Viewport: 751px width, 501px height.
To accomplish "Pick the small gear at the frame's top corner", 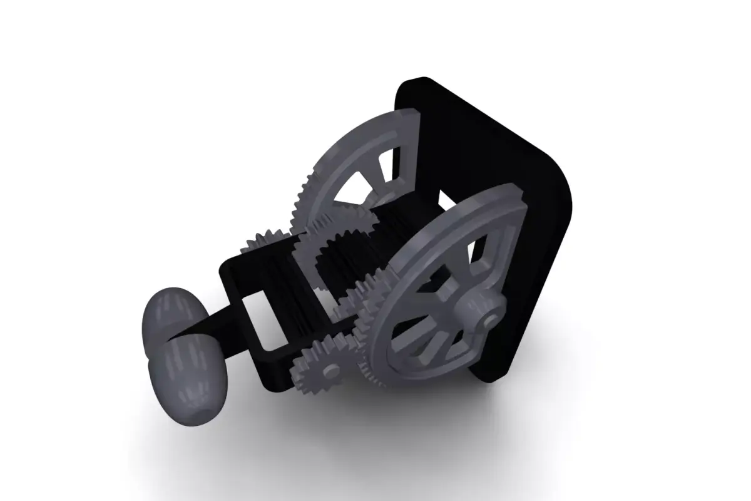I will tap(263, 240).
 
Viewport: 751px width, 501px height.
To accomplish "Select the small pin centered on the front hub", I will tap(489, 321).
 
